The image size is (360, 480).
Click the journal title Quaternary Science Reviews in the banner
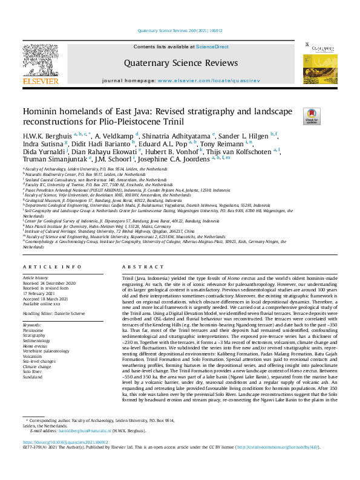[172, 63]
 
